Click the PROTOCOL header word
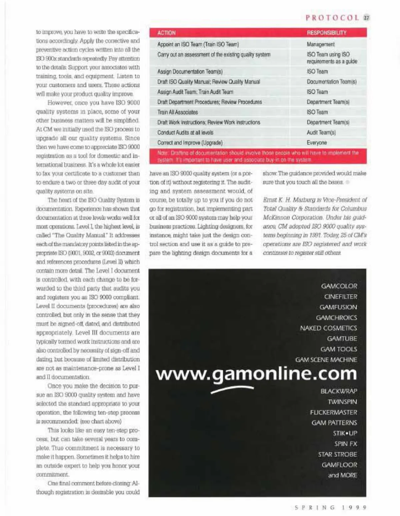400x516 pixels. click(332, 18)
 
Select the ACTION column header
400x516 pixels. click(166, 33)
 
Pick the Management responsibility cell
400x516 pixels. click(320, 44)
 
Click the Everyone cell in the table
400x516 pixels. click(317, 142)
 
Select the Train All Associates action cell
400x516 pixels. click(177, 112)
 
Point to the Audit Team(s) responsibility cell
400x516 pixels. click(321, 132)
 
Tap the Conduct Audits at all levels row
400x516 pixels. click(185, 132)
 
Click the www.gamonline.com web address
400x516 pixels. click(256, 374)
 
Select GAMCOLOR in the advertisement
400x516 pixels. click(339, 286)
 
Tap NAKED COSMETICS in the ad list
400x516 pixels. click(328, 328)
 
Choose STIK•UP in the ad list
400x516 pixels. click(345, 433)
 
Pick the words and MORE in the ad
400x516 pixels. click(342, 475)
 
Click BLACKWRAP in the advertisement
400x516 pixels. click(339, 391)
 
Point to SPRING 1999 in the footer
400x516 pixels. click(331, 507)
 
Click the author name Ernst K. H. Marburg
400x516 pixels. click(286, 200)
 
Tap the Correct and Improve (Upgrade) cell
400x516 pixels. click(190, 142)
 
